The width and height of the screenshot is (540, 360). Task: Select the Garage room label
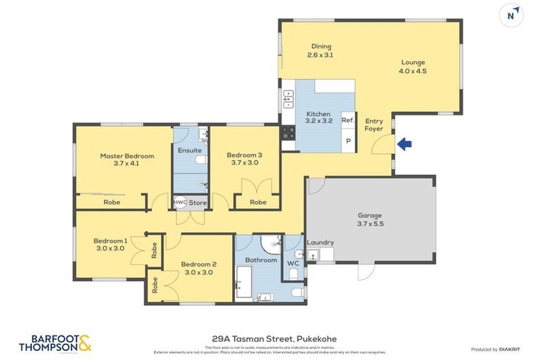coord(371,215)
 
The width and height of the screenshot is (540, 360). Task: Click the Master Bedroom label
coord(127,156)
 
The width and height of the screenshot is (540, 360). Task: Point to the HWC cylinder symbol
coord(180,202)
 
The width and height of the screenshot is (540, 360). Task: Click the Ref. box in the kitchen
coord(347,120)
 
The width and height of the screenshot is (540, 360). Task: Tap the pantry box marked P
coord(347,141)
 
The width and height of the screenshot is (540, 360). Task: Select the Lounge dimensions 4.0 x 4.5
coord(413,71)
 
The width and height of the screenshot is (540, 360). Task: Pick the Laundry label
coord(320,243)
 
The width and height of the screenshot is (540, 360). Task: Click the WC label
coord(293,265)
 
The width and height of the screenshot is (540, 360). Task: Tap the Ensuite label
coord(189,150)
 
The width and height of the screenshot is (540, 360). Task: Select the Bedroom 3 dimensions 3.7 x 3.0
coord(244,163)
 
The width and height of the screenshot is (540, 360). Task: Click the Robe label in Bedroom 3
coord(258,202)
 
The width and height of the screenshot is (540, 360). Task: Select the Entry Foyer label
coord(374,125)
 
